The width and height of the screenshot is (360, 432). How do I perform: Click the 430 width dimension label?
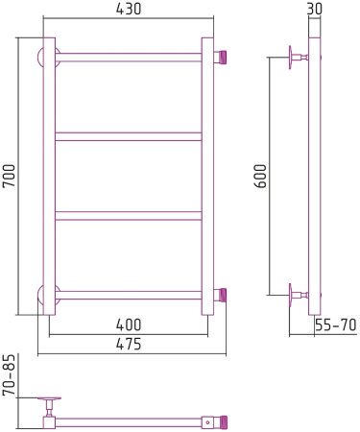129,9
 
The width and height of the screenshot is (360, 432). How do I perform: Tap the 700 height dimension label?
9,176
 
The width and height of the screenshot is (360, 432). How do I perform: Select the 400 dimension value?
129,324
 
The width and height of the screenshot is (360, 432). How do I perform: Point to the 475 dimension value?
129,344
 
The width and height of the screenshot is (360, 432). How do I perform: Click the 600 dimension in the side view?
260,176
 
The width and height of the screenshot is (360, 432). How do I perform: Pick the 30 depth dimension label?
314,9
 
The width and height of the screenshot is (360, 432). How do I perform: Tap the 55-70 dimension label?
335,325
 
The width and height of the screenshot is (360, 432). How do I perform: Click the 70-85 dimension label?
9,374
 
